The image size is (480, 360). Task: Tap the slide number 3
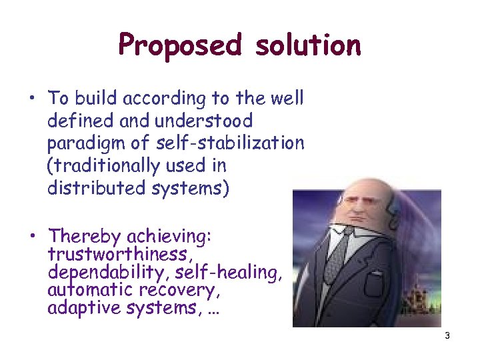pyautogui.click(x=447, y=335)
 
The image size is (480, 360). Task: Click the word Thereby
pyautogui.click(x=85, y=236)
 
